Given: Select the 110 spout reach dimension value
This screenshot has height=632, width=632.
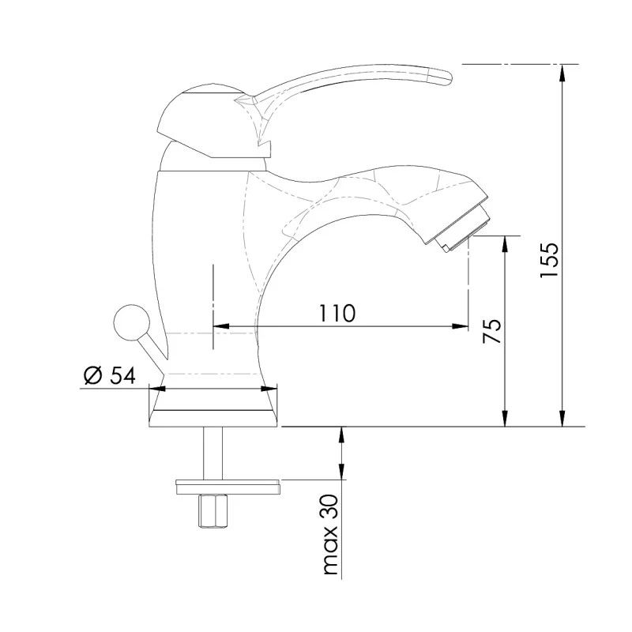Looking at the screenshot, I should coord(337,313).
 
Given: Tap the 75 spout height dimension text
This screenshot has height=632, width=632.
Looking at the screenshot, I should coord(491,330).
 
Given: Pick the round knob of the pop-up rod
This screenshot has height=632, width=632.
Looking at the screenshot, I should coord(129,323).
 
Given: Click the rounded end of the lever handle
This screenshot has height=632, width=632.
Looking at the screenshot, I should coord(442,77).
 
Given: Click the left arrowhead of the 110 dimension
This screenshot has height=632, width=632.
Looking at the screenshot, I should coord(220,325).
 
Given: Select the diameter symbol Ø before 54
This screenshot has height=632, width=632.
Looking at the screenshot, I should coord(92,375).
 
